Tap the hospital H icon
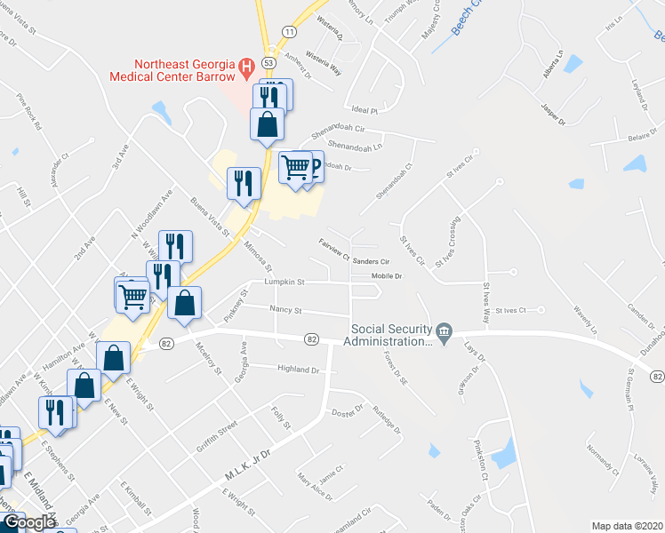click(x=246, y=65)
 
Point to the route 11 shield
click(x=289, y=31)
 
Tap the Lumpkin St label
click(x=284, y=282)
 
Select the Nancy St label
click(x=285, y=311)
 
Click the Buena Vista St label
click(x=211, y=215)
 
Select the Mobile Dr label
click(x=387, y=275)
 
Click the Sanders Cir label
click(x=372, y=262)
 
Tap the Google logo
click(x=28, y=523)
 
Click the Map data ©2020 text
click(x=627, y=526)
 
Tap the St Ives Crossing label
click(x=446, y=234)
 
